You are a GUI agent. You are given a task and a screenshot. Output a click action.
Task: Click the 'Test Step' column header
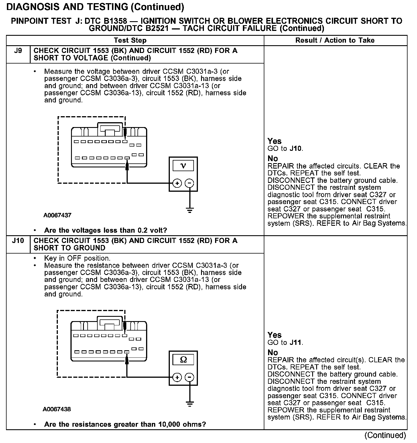130,40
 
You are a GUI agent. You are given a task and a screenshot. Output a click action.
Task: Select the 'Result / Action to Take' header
335,40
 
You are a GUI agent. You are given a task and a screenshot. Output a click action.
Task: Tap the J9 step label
18,51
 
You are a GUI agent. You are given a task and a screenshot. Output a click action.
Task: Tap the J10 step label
18,241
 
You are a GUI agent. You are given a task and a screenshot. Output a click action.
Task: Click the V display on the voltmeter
183,166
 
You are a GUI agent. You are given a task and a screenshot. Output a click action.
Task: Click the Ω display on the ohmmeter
183,360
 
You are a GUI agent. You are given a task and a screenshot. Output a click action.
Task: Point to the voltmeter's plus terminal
177,183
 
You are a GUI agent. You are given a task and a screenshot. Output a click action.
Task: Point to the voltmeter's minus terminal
189,183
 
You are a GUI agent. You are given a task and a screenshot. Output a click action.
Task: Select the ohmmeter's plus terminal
177,377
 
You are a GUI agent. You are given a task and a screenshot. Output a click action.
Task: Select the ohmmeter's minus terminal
189,377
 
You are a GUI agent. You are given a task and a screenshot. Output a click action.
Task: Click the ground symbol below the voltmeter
190,210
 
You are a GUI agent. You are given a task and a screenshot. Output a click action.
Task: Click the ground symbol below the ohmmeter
190,404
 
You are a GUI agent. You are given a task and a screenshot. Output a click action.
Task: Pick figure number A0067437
57,215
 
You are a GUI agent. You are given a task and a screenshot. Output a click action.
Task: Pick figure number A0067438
57,409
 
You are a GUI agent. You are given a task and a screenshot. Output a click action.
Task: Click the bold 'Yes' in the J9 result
274,141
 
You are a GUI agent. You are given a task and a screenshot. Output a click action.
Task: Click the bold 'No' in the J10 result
273,352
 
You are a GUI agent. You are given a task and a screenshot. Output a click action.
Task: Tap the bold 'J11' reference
296,342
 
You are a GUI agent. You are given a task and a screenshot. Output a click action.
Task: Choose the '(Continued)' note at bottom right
385,435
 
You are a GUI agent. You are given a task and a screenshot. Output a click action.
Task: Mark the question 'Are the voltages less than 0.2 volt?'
105,230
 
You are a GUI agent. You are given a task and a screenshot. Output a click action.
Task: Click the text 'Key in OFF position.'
77,258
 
